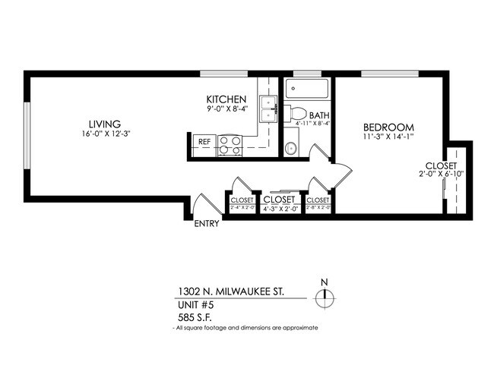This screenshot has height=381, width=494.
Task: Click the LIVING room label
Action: coord(103,124)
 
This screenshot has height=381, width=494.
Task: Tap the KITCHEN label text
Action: coord(226,99)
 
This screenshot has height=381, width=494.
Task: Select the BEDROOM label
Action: coord(388,127)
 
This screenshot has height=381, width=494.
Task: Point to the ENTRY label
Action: coord(207,224)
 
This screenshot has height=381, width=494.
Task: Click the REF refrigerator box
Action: coord(204,142)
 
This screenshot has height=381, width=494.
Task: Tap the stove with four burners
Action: coord(230,144)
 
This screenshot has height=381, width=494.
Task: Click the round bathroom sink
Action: coord(290,148)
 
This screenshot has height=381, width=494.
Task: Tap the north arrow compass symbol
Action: coord(325,296)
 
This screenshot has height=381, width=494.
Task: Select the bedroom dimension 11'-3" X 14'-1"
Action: coord(388,137)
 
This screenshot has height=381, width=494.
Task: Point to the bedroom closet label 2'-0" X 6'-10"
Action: coord(441,174)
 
